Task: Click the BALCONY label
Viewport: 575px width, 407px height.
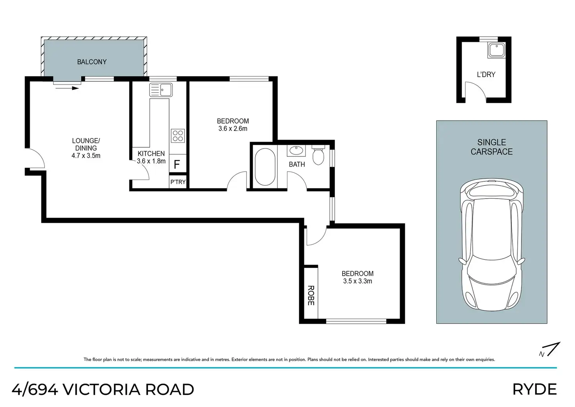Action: tap(92, 62)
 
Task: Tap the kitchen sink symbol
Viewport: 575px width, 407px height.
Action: tap(161, 90)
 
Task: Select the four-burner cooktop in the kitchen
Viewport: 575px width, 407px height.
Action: tap(178, 136)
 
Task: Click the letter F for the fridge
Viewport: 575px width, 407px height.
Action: tap(177, 165)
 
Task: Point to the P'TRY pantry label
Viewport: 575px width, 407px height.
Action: tap(178, 182)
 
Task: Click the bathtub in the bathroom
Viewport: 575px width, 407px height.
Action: tap(265, 167)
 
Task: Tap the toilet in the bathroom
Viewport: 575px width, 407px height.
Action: tap(318, 155)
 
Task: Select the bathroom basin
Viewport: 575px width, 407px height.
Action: tap(296, 151)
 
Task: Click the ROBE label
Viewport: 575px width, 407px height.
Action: tap(311, 296)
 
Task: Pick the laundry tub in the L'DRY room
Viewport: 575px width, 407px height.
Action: tap(497, 50)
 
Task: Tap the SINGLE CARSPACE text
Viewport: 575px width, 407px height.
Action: tap(491, 147)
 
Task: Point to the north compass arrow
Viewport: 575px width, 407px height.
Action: tap(554, 349)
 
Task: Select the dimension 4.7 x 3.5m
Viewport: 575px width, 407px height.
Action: tap(86, 156)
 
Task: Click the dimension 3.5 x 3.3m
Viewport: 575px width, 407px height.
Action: tap(357, 281)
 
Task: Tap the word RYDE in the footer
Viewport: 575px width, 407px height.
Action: tap(535, 389)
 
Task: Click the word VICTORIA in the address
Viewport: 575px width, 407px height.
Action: tap(102, 389)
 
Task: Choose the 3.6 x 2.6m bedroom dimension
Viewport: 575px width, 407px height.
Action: tap(233, 129)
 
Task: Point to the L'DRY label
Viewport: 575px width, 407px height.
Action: tap(486, 75)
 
